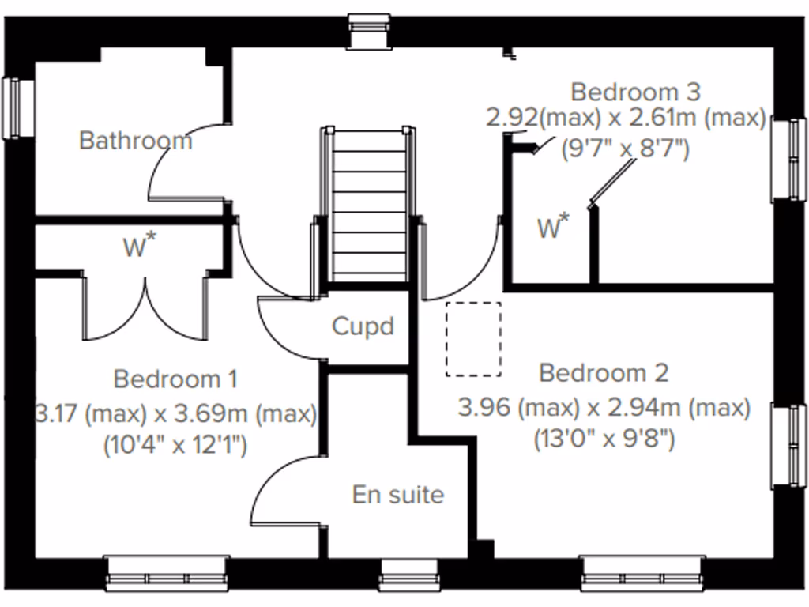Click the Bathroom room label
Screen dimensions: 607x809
(135, 141)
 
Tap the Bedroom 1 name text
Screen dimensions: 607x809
(175, 379)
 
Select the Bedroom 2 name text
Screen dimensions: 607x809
(604, 372)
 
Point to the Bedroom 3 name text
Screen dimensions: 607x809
(635, 92)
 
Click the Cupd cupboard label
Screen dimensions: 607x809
(363, 326)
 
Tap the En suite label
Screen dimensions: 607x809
(397, 495)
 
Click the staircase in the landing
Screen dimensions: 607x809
(368, 205)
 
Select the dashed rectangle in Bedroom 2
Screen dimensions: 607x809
(473, 339)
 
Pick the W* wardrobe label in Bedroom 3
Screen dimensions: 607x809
(553, 228)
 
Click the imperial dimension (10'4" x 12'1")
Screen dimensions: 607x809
(175, 446)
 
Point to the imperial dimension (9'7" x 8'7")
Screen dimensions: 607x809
(625, 148)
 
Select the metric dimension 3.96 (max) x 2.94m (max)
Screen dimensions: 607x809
(604, 408)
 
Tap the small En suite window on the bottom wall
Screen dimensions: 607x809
(408, 575)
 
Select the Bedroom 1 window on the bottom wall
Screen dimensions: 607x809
(167, 573)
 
